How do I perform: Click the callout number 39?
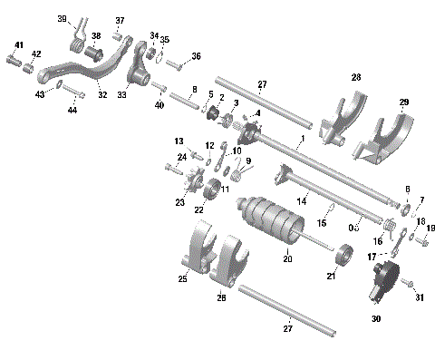[63, 18]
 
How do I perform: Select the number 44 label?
[72, 110]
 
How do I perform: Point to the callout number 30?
[375, 319]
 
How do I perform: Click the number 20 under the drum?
[287, 259]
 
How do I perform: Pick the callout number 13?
[179, 141]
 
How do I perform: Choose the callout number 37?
[120, 20]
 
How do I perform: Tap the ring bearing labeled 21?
[345, 265]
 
